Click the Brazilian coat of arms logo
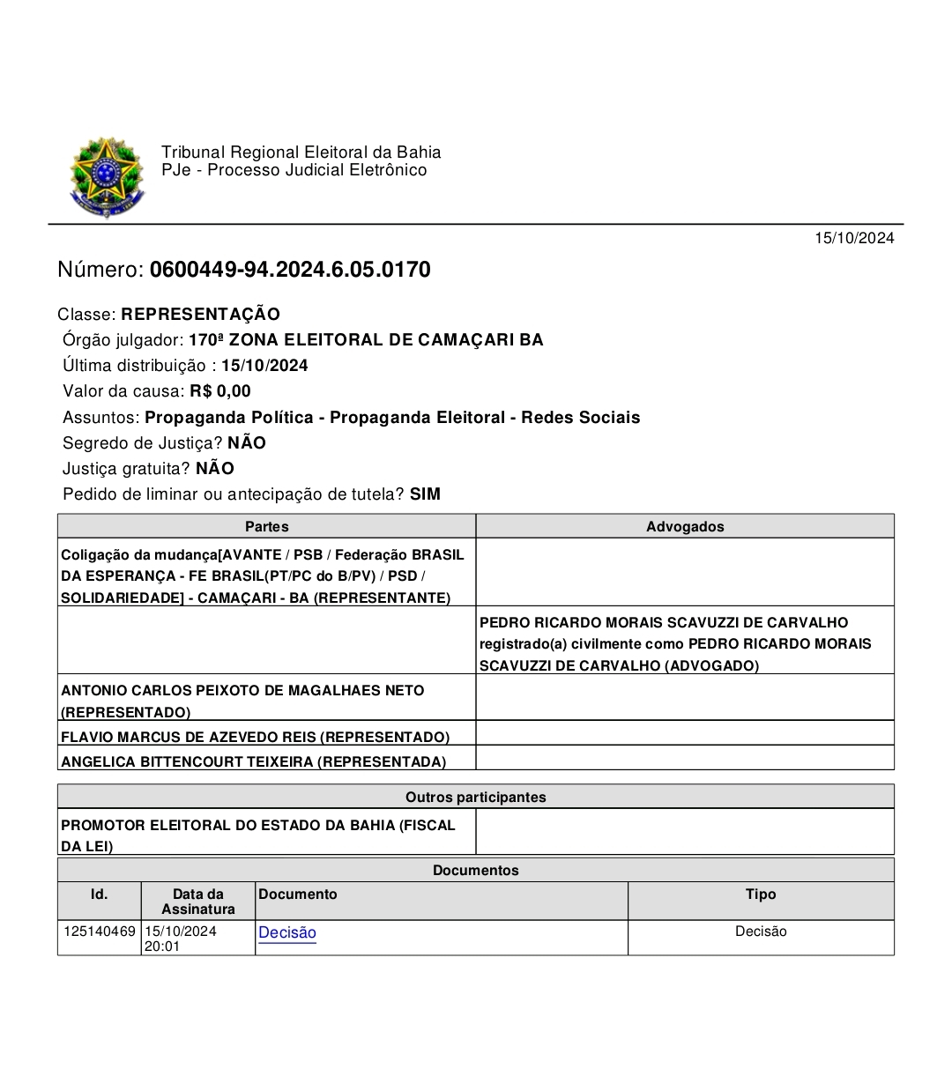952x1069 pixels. tap(107, 176)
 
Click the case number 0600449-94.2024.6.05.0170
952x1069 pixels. tap(290, 270)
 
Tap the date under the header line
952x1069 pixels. tap(853, 238)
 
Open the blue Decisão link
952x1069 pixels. tap(287, 932)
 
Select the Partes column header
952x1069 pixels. tap(266, 526)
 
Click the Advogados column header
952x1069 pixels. tap(685, 526)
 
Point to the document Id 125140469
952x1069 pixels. tap(100, 932)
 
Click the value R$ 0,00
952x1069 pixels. tap(220, 391)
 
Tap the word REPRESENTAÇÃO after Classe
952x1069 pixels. tap(200, 315)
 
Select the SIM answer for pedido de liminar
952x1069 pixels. tap(425, 494)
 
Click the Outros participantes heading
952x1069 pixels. tap(476, 797)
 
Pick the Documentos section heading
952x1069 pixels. tap(476, 870)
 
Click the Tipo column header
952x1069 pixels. tap(761, 895)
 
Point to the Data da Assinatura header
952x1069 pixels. tap(198, 901)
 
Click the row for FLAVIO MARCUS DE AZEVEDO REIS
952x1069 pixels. tap(255, 737)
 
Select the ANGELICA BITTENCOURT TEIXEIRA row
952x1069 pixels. tap(253, 761)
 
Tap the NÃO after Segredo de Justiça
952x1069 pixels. tap(247, 443)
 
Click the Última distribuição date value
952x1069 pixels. tap(264, 366)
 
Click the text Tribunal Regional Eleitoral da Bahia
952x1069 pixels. tap(301, 152)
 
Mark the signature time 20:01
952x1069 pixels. tap(162, 947)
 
